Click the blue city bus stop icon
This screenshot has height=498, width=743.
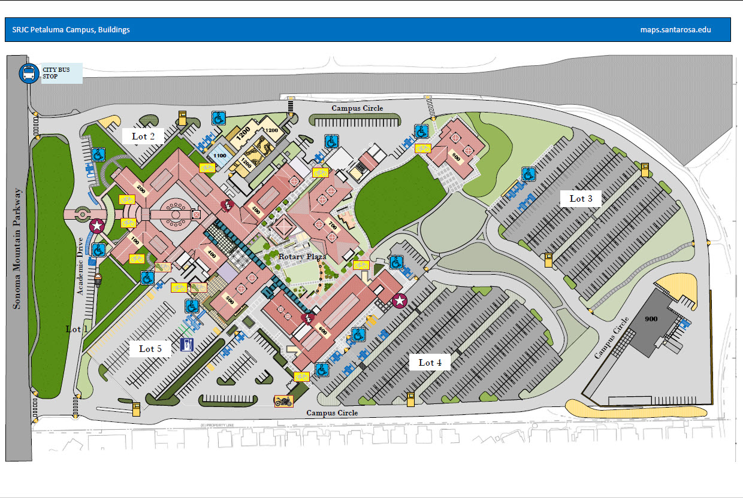28,74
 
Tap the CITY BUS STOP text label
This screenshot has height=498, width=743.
56,74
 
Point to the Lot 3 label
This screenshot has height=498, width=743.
581,199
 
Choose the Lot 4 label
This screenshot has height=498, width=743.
430,362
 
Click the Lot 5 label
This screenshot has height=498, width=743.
150,348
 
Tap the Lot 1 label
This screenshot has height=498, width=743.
77,329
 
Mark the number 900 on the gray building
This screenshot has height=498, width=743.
651,319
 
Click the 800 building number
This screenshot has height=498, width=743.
457,159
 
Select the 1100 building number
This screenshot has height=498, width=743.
219,156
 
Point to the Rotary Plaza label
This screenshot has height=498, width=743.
302,256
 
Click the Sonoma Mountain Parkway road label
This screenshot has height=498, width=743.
18,248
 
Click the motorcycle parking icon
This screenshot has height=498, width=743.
283,401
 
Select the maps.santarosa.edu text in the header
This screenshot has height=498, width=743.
675,29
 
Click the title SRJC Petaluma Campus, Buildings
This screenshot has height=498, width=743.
71,29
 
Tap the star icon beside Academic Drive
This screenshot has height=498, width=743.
96,226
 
